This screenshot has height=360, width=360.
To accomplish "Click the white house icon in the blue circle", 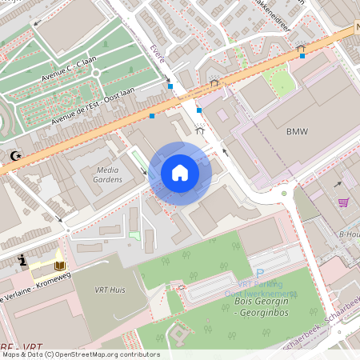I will tap(180, 173).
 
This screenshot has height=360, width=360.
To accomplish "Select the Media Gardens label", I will tap(108, 174).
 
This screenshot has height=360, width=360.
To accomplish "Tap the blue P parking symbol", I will tap(259, 274).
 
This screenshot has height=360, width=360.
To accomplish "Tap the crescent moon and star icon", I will tap(14, 156).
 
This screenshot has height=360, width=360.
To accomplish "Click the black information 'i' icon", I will tap(23, 259).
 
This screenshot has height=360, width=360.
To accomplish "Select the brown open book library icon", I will tap(60, 265).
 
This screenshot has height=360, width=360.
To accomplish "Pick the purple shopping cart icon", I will tap(343, 202).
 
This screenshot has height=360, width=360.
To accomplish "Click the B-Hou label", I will tap(349, 234).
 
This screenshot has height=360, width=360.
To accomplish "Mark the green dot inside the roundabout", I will tap(283, 193).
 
